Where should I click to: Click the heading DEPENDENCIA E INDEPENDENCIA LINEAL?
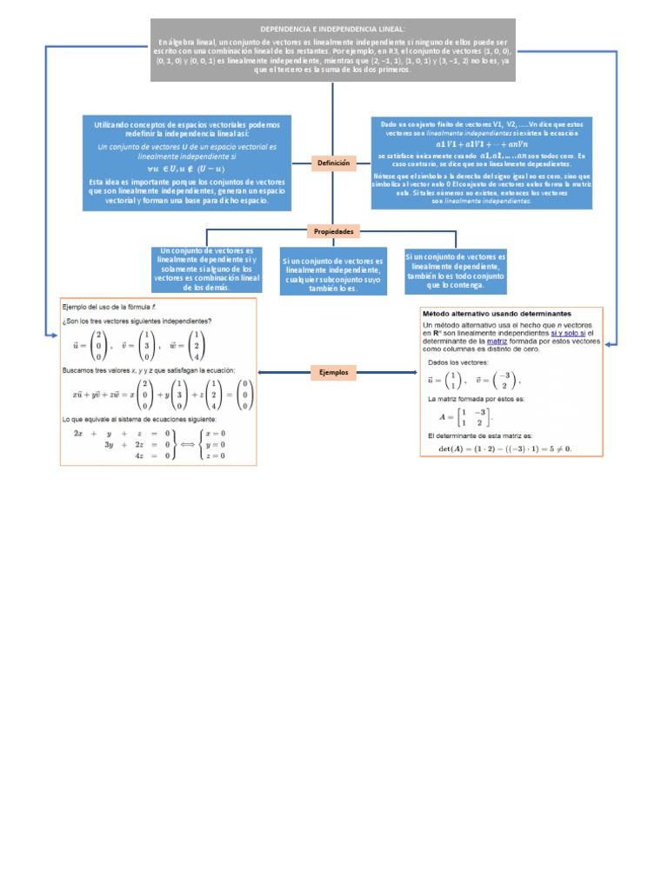[x=333, y=29]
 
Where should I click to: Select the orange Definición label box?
[x=333, y=163]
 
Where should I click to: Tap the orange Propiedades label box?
[x=333, y=232]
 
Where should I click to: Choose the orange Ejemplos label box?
[x=333, y=372]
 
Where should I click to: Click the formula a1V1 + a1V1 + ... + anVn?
[x=481, y=144]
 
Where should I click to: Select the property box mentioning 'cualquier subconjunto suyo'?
[x=333, y=274]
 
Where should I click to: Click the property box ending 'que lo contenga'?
[x=455, y=271]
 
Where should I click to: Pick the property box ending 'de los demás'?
[x=206, y=269]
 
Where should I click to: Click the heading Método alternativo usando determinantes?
[x=497, y=313]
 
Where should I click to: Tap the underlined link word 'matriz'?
[x=497, y=342]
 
